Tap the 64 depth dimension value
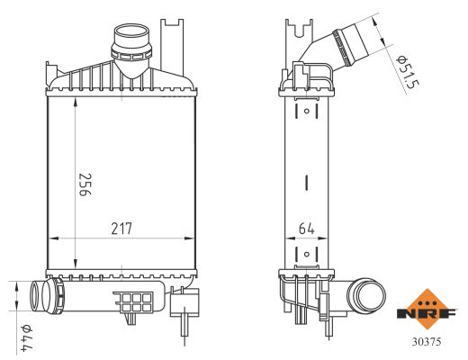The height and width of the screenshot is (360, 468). pos(306,229)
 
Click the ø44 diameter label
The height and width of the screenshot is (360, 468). pos(26,336)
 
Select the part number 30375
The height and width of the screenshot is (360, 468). pos(427,342)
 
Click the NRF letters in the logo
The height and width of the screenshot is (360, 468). pos(427,314)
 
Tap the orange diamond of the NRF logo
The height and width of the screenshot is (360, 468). pos(427,301)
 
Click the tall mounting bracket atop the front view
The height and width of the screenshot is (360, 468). pos(167,40)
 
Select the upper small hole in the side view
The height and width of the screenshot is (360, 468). pos(307,112)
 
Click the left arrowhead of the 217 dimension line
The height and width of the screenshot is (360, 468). pos(50,238)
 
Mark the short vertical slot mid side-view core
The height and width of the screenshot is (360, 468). pos(307,182)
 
